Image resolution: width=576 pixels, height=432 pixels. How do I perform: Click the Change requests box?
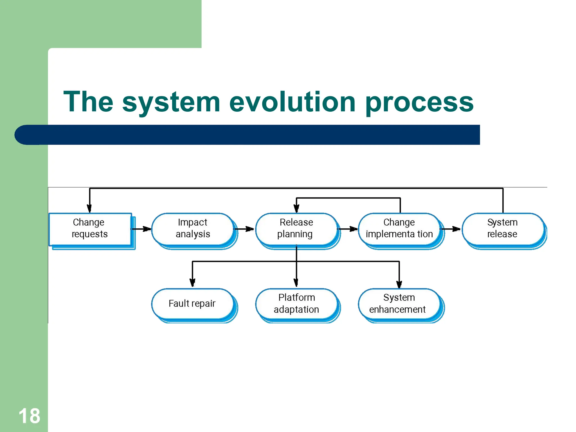click(90, 228)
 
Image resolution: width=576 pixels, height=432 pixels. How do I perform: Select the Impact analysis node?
click(193, 228)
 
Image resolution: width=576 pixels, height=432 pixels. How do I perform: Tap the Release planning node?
click(296, 228)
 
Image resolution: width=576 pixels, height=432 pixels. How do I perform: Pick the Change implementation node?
click(399, 228)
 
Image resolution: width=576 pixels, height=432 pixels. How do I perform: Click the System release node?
click(502, 228)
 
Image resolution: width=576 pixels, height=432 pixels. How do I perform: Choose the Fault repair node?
click(192, 303)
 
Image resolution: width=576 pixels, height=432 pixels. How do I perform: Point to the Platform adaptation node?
click(296, 303)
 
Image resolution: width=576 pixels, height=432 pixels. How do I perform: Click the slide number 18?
click(29, 416)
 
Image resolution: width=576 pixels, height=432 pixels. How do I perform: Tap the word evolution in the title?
click(292, 102)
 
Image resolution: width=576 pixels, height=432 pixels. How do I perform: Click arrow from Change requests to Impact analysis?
click(142, 229)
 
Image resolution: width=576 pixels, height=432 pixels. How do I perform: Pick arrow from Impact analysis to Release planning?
click(245, 229)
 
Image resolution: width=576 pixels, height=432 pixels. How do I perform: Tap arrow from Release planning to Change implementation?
click(348, 229)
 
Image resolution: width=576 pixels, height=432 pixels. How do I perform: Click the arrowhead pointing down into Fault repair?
click(192, 282)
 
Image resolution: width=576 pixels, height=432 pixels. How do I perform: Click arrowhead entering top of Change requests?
click(89, 208)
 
